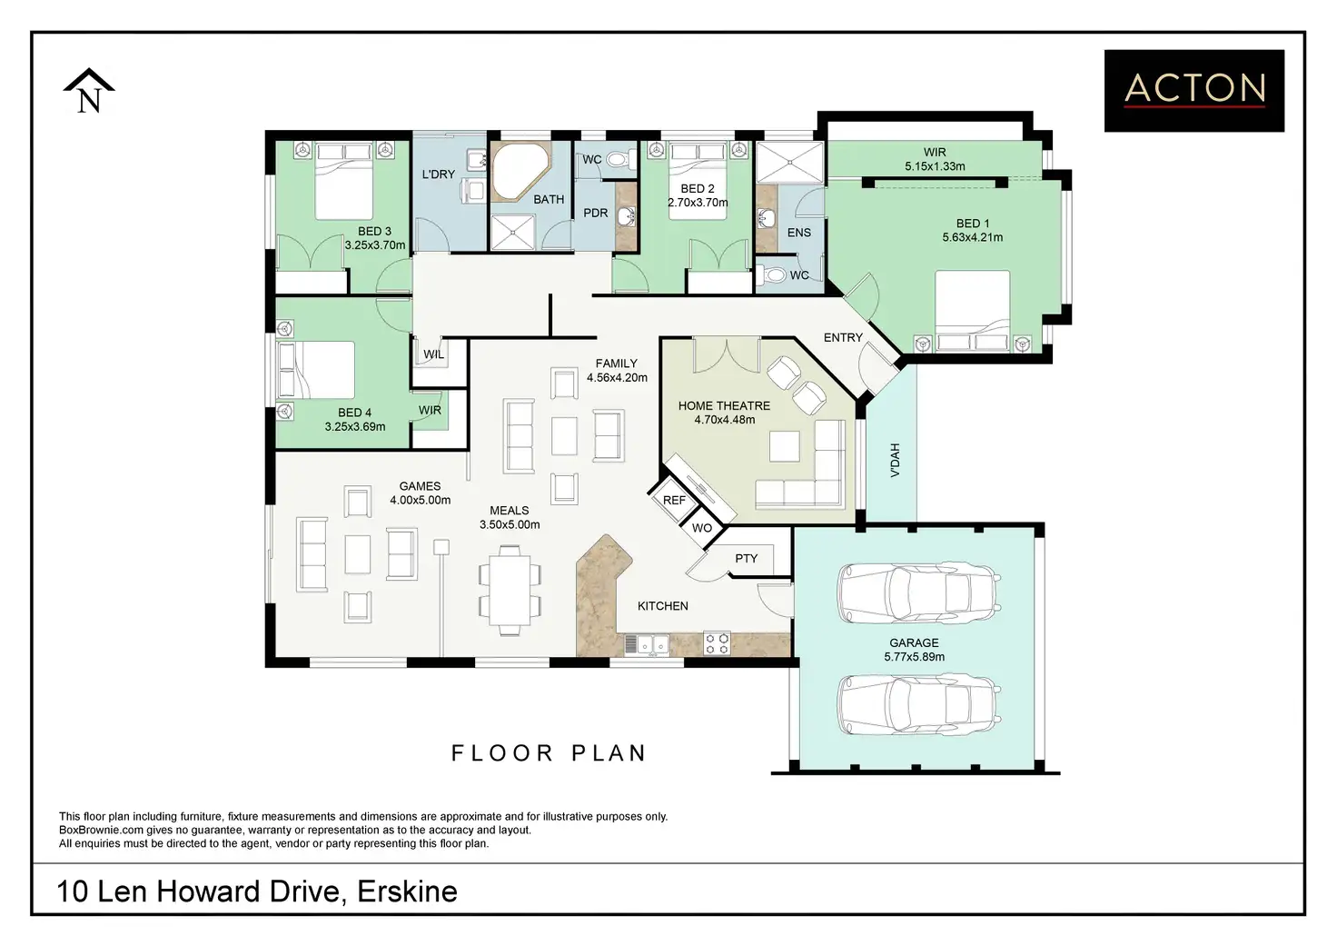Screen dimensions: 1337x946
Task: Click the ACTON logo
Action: coord(1194,91)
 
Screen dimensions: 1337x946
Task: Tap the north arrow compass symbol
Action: coord(89,91)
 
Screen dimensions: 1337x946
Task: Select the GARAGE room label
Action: coord(914,642)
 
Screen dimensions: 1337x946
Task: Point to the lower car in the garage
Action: coord(919,704)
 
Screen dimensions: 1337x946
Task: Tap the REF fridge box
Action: coord(674,500)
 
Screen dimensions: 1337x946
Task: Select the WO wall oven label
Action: coord(702,528)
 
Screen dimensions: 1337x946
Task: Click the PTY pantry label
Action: coord(746,558)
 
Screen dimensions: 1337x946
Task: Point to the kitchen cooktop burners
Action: coord(717,643)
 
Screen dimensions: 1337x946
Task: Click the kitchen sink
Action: coord(647,645)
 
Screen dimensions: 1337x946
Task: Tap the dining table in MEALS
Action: coord(510,590)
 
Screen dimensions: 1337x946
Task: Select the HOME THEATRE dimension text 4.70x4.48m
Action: coord(724,420)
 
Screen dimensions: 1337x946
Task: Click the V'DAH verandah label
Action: coord(895,460)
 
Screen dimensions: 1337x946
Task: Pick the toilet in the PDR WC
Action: coord(620,159)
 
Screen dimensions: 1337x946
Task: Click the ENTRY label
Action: coord(843,337)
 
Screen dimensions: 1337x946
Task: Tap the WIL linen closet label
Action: coord(433,354)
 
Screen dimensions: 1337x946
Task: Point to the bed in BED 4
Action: coord(316,370)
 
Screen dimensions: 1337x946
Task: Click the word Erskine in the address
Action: coord(407,891)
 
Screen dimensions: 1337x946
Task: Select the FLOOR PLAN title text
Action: coord(549,753)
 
